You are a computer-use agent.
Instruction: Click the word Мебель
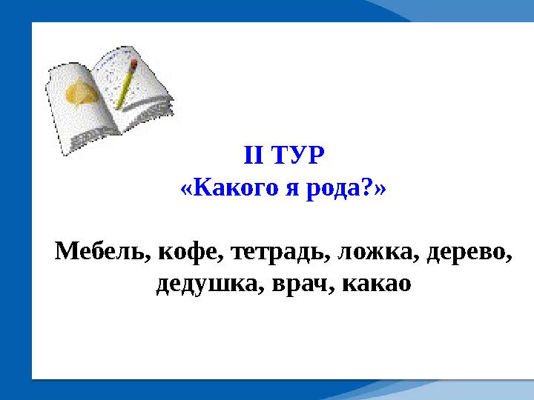(99, 250)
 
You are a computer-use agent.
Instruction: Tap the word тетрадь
(277, 253)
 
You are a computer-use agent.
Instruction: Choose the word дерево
(466, 252)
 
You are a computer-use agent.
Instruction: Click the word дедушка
(206, 285)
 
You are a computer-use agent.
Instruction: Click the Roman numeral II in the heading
(254, 155)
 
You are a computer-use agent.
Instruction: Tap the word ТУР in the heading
(299, 155)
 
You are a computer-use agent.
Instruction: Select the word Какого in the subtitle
(236, 187)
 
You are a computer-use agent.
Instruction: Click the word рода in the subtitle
(334, 189)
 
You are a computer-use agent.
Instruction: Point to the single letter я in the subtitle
(292, 189)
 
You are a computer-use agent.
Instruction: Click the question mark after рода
(367, 187)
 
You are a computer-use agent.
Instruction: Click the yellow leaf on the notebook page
(80, 93)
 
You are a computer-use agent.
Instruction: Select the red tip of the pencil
(134, 63)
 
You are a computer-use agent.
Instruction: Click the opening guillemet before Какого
(186, 190)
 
